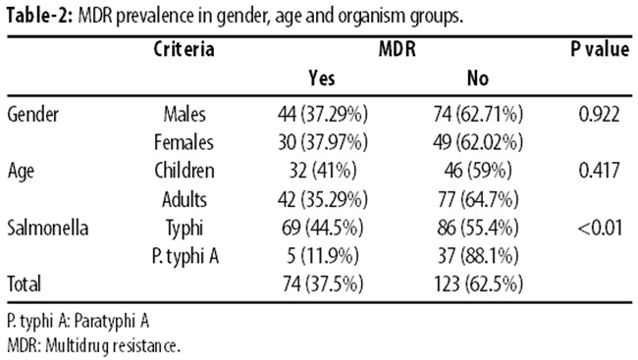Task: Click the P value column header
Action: pyautogui.click(x=600, y=50)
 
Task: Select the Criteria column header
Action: pyautogui.click(x=184, y=50)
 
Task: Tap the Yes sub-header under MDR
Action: pyautogui.click(x=322, y=77)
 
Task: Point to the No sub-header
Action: pyautogui.click(x=478, y=77)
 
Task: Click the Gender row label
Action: pyautogui.click(x=33, y=115)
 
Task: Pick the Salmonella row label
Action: pyautogui.click(x=48, y=228)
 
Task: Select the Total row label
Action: pyautogui.click(x=24, y=283)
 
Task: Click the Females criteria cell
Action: pyautogui.click(x=184, y=142)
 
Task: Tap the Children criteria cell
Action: pyautogui.click(x=185, y=171)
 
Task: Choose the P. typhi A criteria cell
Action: pyautogui.click(x=186, y=256)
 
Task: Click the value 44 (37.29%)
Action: pyautogui.click(x=323, y=115)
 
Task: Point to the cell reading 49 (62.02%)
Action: pyautogui.click(x=478, y=142)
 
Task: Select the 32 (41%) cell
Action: pyautogui.click(x=323, y=171)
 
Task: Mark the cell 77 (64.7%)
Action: pyautogui.click(x=478, y=199)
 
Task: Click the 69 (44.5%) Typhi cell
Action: pyautogui.click(x=322, y=228)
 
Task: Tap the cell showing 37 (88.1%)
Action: pyautogui.click(x=478, y=256)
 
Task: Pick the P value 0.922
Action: pyautogui.click(x=600, y=115)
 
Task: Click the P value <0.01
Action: pyautogui.click(x=600, y=228)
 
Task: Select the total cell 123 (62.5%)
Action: pyautogui.click(x=478, y=283)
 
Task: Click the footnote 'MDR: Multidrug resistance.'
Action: pyautogui.click(x=93, y=345)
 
